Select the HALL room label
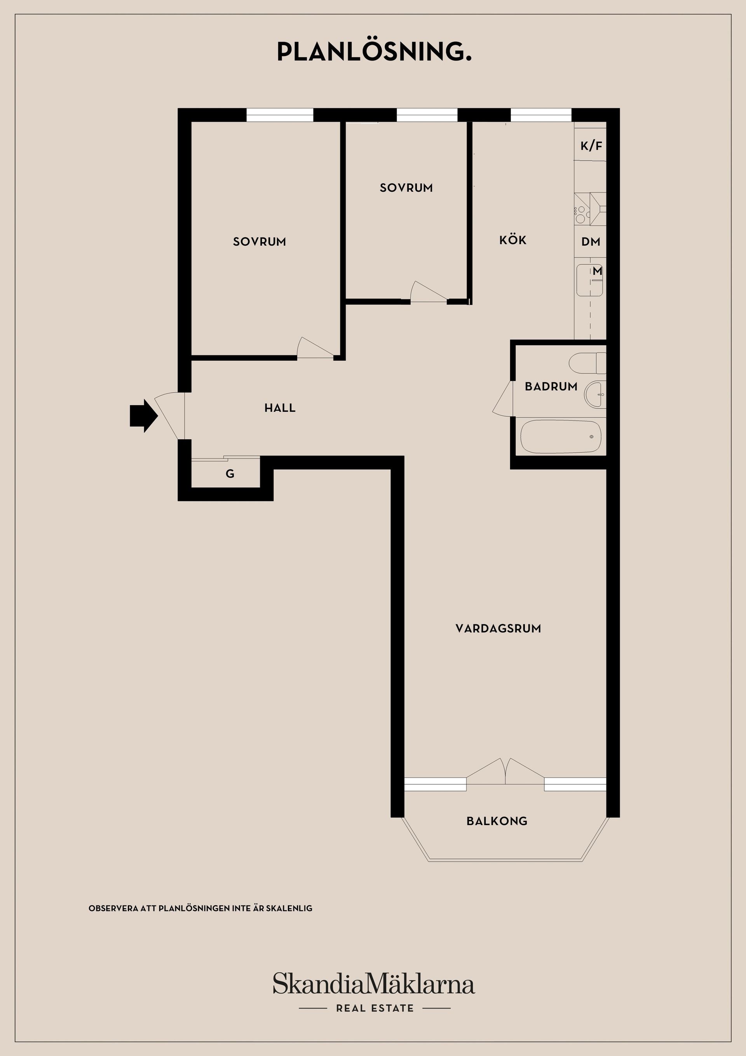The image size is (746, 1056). (280, 408)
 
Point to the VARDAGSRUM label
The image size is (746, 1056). (498, 629)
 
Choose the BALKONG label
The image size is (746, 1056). (497, 821)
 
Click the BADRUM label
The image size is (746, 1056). (551, 386)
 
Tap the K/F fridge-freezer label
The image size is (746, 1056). (591, 146)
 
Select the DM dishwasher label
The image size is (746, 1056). (591, 241)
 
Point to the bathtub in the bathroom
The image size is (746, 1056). (561, 437)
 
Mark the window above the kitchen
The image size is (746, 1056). (541, 115)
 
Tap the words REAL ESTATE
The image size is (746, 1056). (375, 1008)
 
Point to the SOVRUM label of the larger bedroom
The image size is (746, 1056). (260, 242)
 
